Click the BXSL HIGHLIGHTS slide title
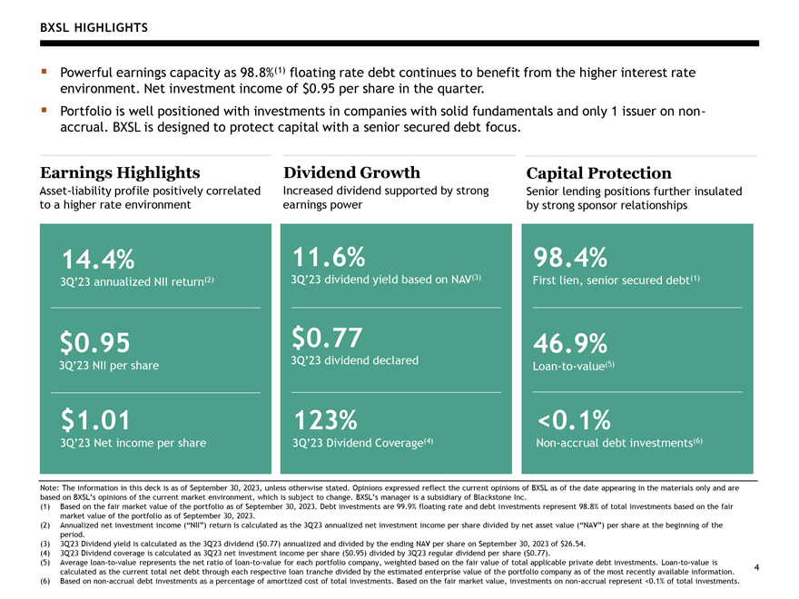tap(94, 27)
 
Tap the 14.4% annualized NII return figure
tap(98, 260)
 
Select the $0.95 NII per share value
tap(94, 342)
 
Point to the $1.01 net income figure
tap(95, 420)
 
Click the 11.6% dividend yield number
tap(329, 257)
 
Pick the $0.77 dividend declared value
tap(327, 338)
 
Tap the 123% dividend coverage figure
tap(326, 420)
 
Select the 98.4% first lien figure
tap(570, 257)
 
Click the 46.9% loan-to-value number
tap(570, 343)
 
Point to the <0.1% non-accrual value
tap(574, 420)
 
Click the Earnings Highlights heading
tap(120, 172)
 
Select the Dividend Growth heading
tap(351, 172)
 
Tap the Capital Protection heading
tap(598, 173)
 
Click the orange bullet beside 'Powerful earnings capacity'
tap(44, 72)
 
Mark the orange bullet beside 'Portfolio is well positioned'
tap(44, 110)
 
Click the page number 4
tap(756, 567)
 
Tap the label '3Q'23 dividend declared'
tap(355, 360)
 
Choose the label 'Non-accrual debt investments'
tap(614, 443)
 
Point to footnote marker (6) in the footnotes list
tap(44, 581)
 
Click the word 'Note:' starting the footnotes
tap(49, 488)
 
